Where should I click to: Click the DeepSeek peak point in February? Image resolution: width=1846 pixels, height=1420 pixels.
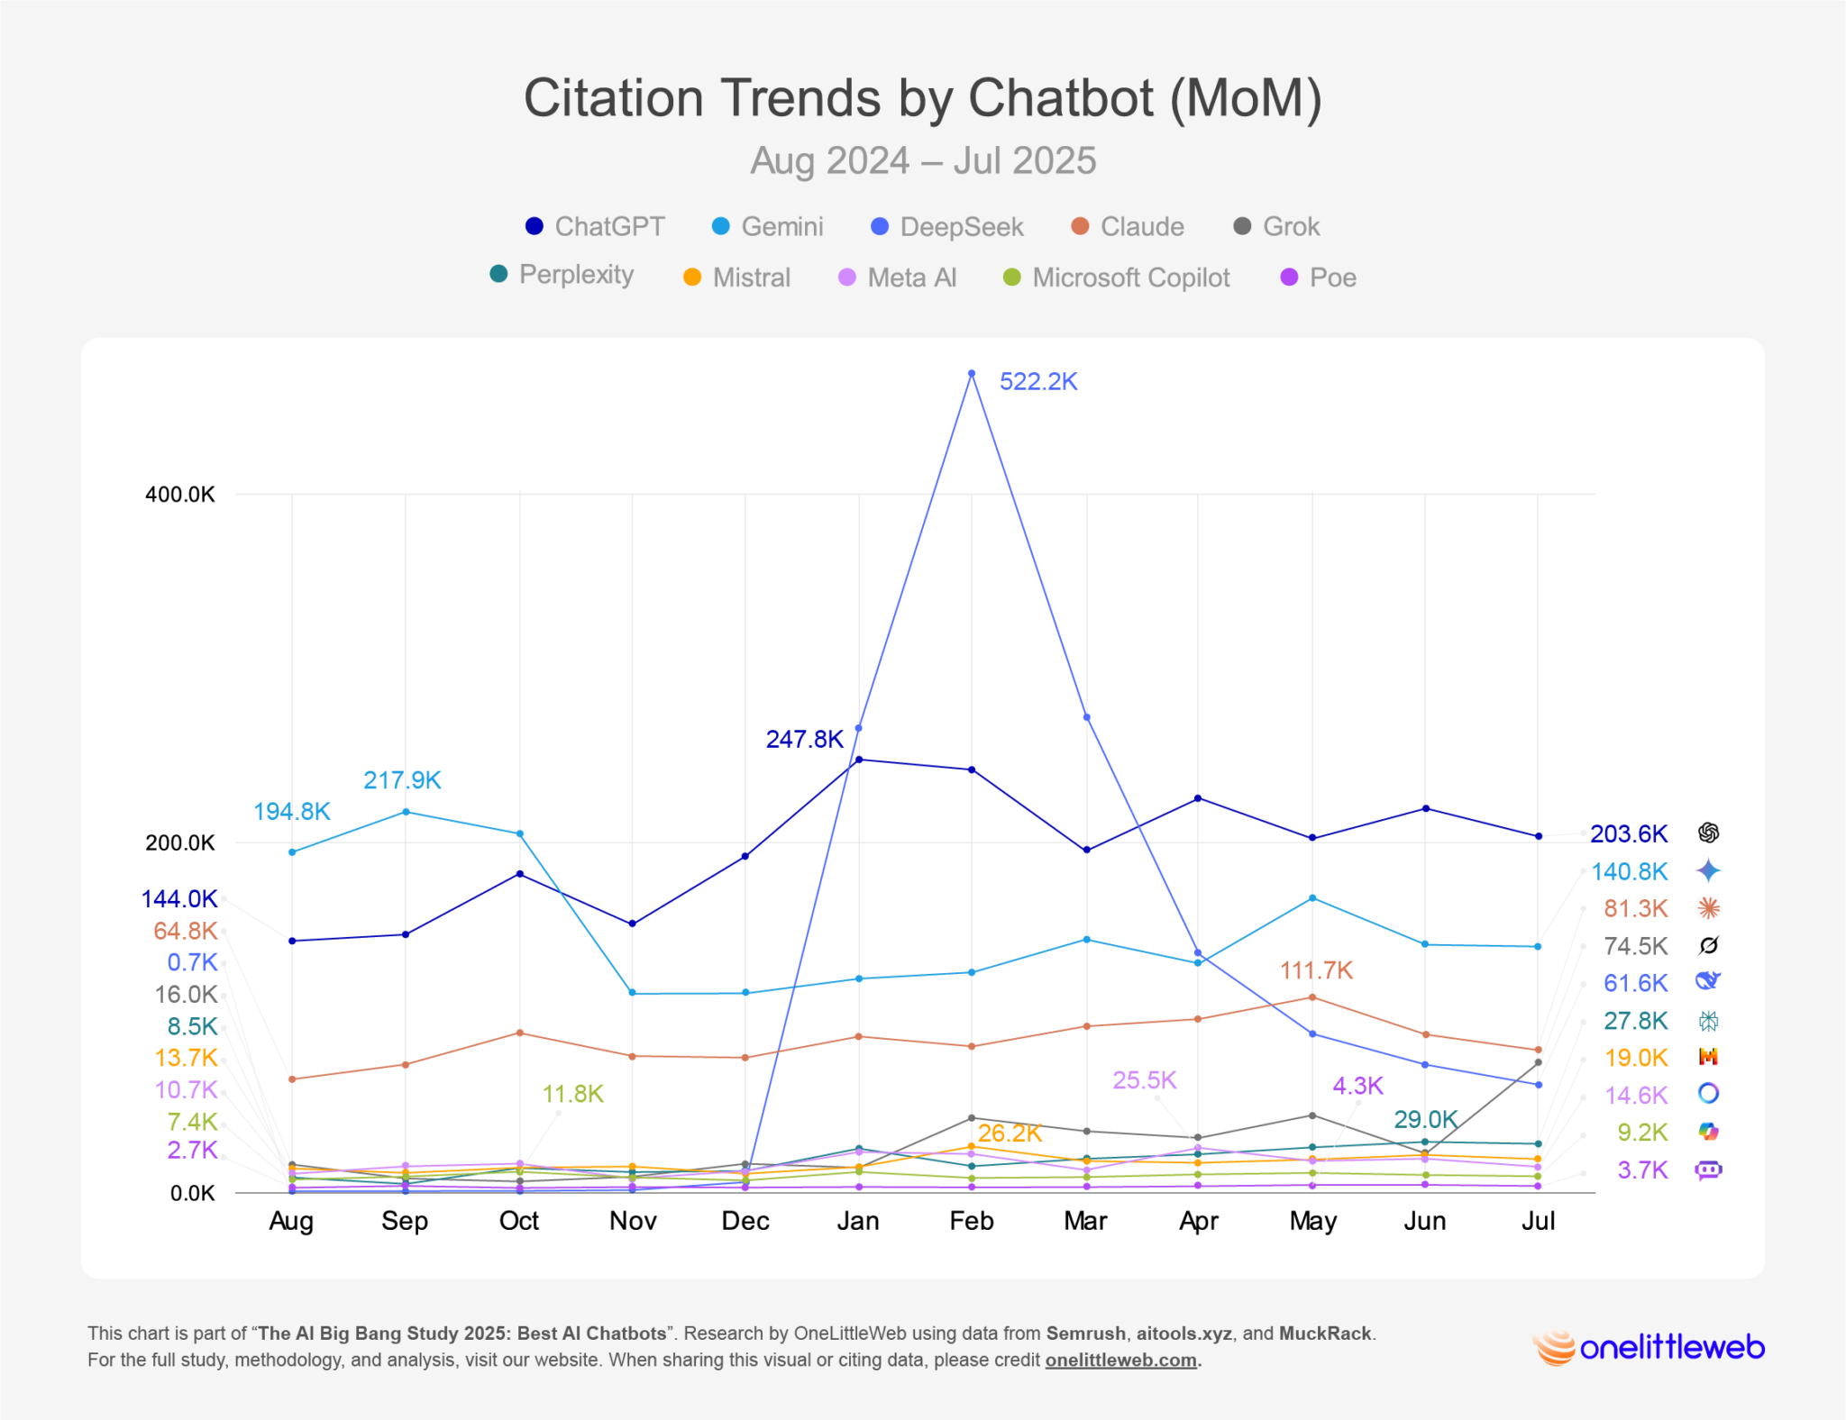click(x=971, y=373)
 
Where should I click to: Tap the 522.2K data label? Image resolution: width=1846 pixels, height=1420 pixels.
click(x=1037, y=382)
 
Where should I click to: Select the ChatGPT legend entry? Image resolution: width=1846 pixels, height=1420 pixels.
click(x=595, y=226)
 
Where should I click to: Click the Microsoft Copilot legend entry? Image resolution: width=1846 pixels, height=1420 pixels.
click(x=1117, y=278)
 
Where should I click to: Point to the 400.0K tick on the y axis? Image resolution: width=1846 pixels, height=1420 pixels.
click(x=180, y=494)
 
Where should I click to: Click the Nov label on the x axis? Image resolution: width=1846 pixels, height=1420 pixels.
click(x=632, y=1221)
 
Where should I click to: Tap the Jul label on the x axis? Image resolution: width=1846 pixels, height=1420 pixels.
click(x=1538, y=1221)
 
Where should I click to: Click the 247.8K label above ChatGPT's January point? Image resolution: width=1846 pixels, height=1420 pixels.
click(x=804, y=740)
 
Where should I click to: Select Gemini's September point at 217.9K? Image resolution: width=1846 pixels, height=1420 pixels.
click(x=406, y=812)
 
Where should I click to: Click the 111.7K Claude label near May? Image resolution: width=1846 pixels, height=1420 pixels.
click(x=1316, y=970)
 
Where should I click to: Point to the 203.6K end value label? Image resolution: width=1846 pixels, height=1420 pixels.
click(x=1628, y=833)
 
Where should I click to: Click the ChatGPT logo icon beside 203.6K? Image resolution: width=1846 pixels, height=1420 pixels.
click(x=1708, y=833)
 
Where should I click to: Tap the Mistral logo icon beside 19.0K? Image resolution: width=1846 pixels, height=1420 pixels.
click(x=1708, y=1056)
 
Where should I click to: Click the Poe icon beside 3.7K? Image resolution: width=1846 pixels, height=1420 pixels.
click(x=1708, y=1170)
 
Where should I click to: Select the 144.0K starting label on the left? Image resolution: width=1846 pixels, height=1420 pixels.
click(x=179, y=898)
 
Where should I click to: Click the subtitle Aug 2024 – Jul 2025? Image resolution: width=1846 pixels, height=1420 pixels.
click(x=922, y=161)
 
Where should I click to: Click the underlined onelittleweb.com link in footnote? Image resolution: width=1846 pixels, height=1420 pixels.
click(x=1120, y=1360)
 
